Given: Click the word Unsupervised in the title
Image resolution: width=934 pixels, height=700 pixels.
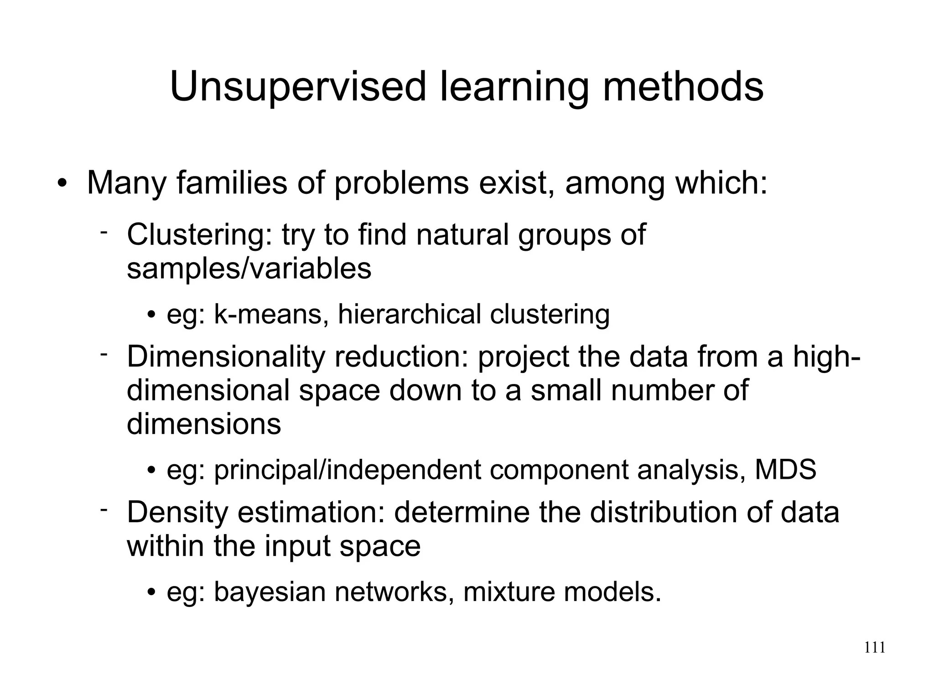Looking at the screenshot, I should [x=298, y=87].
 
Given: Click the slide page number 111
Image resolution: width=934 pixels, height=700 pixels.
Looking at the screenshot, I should [x=875, y=648].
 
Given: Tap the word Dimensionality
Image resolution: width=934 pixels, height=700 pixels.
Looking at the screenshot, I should [x=226, y=357].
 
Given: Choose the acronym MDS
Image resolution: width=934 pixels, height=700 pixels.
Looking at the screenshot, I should [x=785, y=470].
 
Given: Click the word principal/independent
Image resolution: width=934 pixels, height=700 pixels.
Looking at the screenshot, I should [x=347, y=471].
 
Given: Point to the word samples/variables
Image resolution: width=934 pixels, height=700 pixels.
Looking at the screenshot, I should [x=249, y=269].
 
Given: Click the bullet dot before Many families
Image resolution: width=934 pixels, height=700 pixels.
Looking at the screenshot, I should [x=62, y=184].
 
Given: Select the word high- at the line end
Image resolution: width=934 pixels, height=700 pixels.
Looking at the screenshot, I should [x=826, y=357].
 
